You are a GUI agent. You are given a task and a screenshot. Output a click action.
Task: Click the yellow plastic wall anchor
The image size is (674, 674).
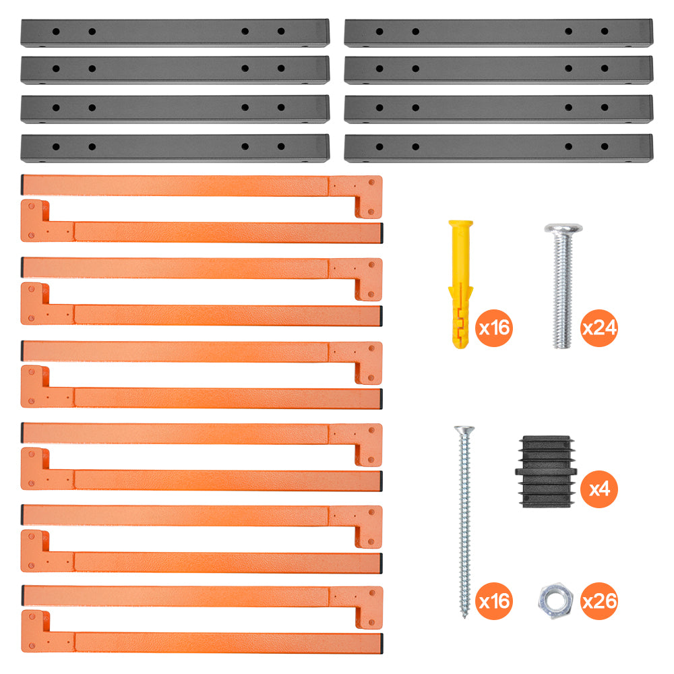pos(460,284)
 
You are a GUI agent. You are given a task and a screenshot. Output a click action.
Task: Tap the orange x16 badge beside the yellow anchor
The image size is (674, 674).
pos(494,328)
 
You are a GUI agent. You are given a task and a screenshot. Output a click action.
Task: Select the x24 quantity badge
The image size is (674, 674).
pos(599,328)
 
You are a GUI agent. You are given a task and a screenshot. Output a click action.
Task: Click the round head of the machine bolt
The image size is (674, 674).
pos(563,228)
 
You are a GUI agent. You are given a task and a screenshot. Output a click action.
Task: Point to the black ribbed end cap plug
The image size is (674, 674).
pos(546,472)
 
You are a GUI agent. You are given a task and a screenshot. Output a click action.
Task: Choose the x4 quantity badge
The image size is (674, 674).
pos(599,489)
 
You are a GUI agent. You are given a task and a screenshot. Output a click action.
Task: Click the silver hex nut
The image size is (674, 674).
pos(555,601)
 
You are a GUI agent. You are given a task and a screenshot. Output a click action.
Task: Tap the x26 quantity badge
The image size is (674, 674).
pos(599,601)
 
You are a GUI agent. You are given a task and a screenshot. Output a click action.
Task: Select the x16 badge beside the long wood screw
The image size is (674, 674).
pos(494,601)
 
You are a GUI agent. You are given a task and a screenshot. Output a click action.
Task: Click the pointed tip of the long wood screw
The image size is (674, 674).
pos(464,617)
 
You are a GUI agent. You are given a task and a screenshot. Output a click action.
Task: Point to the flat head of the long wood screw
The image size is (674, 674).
pos(464,429)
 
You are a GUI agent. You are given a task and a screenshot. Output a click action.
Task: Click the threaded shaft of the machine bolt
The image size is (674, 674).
pos(562,290)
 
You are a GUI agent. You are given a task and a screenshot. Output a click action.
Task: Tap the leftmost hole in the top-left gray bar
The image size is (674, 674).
pos(56,32)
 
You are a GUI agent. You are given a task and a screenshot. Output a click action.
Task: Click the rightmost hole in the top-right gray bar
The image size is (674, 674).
pos(605,32)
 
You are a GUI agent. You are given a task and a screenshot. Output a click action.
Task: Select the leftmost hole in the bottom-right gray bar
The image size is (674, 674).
pos(379,146)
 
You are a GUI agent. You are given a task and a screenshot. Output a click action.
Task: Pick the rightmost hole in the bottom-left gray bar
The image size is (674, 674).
pos(281,146)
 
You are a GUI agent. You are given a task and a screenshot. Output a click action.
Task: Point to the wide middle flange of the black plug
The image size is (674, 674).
pos(546,472)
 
